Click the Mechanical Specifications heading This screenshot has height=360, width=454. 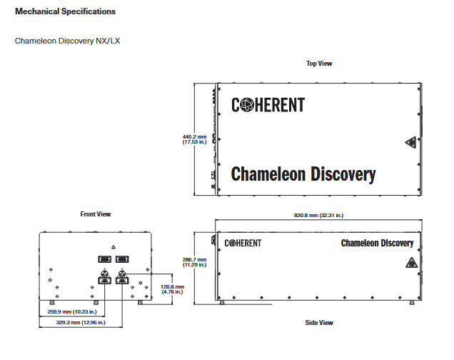tap(65, 11)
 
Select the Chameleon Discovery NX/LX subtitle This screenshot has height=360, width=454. tap(67, 41)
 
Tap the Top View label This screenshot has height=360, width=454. tap(319, 64)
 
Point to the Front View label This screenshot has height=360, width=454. tap(96, 214)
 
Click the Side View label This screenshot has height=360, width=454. tap(319, 323)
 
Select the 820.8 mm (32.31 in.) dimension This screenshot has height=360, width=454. tap(319, 215)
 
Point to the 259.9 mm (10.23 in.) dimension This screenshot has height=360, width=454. tap(72, 311)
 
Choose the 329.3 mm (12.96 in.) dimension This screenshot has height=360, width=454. tap(81, 322)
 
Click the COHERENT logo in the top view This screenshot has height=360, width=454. tap(268, 105)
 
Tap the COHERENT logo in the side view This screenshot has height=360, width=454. tap(243, 243)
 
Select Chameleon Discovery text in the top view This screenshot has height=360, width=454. tap(303, 174)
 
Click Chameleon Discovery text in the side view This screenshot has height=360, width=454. tap(378, 244)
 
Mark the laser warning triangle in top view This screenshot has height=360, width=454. tap(411, 142)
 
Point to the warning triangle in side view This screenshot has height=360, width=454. tap(411, 263)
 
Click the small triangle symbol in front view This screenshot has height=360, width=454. tap(113, 247)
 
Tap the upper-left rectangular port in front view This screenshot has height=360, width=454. tap(104, 259)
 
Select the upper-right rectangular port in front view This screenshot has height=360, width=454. tap(122, 259)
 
